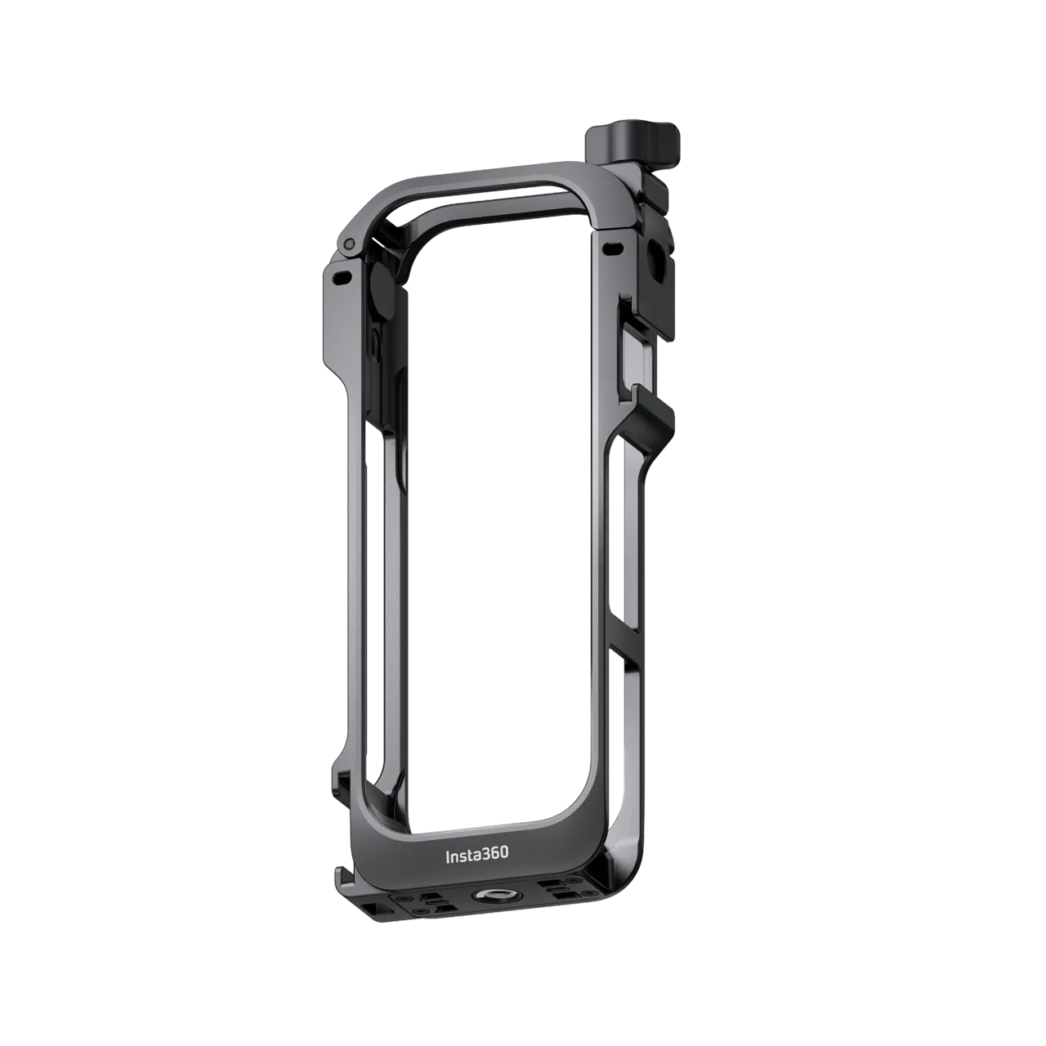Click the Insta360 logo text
(x=476, y=854)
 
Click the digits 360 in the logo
(x=494, y=854)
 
